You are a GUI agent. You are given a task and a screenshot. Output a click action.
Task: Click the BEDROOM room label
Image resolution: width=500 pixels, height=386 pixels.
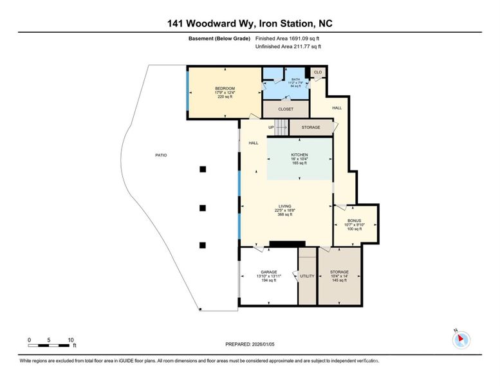coord(225,88)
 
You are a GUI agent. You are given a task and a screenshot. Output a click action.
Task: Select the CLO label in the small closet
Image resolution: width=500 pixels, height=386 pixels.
coord(318,72)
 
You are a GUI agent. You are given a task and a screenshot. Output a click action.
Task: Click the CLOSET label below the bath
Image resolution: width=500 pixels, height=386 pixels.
coord(286,109)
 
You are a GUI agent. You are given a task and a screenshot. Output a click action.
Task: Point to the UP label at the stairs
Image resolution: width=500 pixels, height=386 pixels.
coord(272,127)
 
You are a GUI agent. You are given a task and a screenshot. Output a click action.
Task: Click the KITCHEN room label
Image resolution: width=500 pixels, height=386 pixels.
coord(299,155)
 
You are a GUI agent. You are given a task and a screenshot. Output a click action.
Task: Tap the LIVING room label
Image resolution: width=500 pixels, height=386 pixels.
coord(285,206)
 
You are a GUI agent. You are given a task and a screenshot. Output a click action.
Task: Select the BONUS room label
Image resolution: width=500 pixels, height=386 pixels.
coord(355,221)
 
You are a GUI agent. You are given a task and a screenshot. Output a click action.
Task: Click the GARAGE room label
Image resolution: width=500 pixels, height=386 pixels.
coord(268,272)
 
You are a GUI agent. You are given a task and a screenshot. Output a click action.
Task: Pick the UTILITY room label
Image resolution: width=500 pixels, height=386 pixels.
coord(308,276)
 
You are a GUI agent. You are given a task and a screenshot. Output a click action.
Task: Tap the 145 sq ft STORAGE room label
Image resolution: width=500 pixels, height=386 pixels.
coord(339,272)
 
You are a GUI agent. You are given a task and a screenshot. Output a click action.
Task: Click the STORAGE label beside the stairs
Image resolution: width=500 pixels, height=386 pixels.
coord(311,127)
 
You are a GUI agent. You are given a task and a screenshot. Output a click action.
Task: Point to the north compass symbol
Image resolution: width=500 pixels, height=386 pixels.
coord(461,339)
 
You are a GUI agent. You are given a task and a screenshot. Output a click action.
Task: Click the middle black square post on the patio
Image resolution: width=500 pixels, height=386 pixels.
coord(203,208)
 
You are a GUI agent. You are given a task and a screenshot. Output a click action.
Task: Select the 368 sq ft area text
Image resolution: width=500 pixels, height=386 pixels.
coord(285,214)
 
